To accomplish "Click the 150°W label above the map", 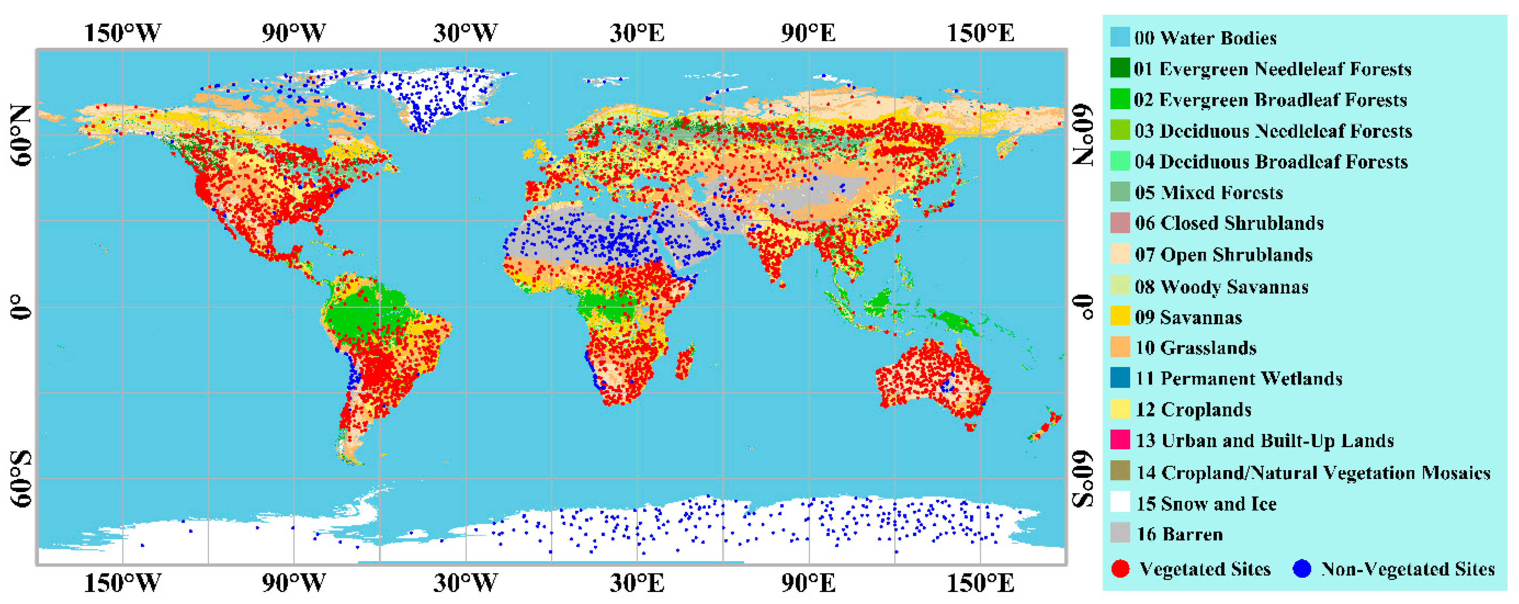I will (122, 33).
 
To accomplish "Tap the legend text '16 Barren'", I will (1179, 534).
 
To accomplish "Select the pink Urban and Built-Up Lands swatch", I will (1120, 440).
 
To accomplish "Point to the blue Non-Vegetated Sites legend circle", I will (1301, 569).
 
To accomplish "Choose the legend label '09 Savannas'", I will (1188, 317).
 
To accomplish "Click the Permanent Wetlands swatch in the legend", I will (1120, 378).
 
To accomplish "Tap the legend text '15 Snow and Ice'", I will (1206, 504).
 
